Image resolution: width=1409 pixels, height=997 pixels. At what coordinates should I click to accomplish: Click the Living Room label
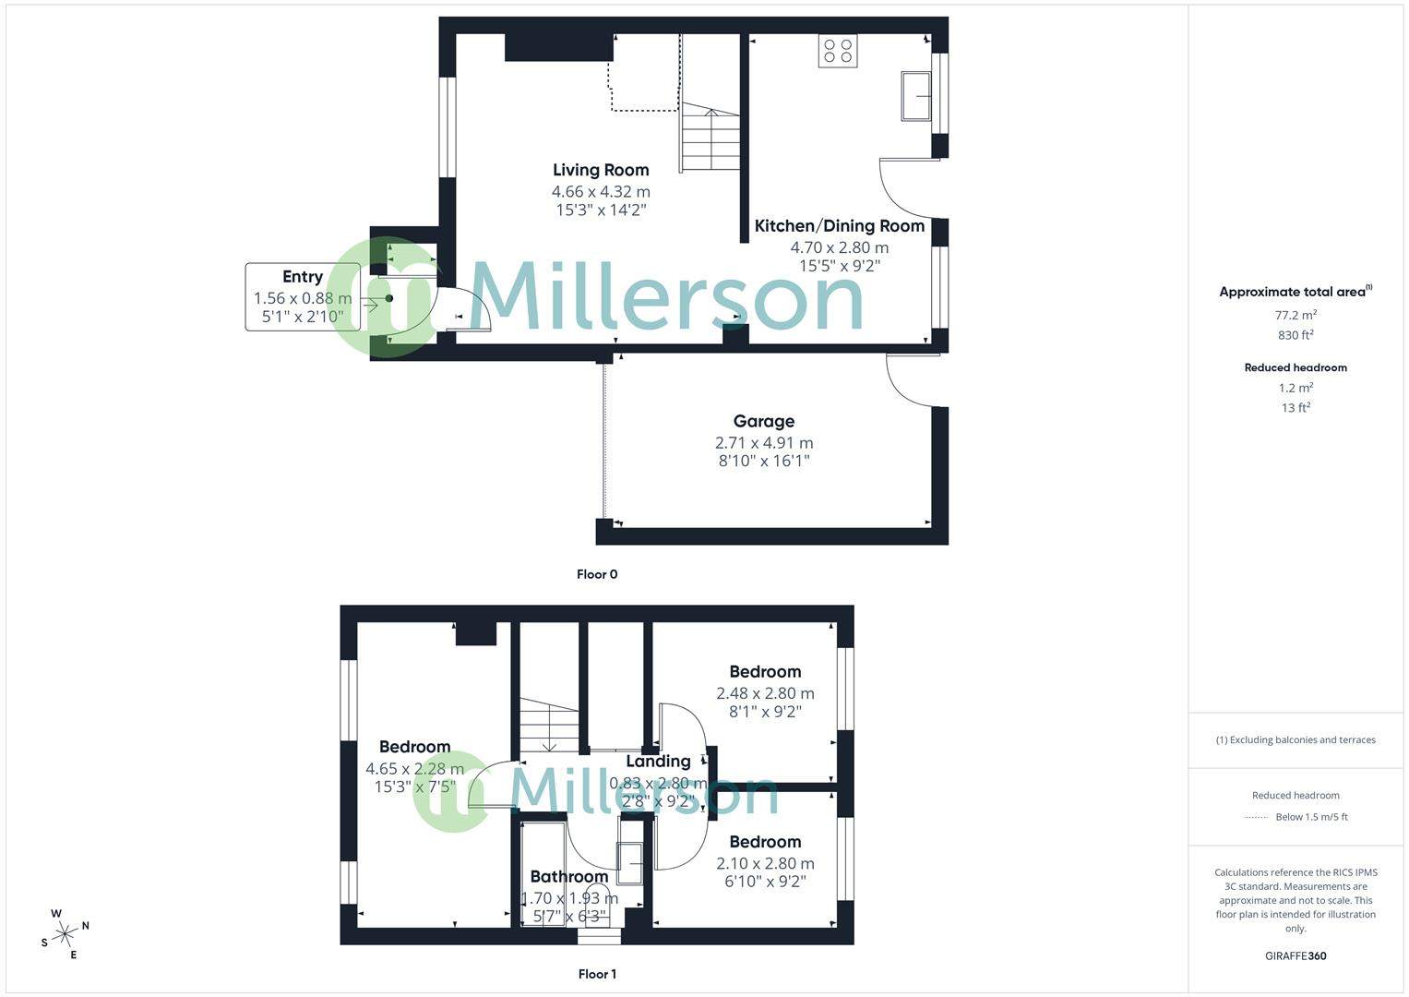tap(601, 170)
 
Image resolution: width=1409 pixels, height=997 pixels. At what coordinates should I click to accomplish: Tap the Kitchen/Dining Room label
tap(839, 226)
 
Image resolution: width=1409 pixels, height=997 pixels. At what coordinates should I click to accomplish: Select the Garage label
tap(763, 422)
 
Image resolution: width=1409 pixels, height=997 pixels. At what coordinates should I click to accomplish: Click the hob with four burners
tap(837, 51)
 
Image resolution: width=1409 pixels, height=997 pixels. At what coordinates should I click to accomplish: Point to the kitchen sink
tap(915, 95)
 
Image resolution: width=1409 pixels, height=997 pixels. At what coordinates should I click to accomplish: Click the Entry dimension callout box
tap(303, 296)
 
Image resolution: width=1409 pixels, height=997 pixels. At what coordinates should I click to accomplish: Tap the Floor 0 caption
tap(597, 574)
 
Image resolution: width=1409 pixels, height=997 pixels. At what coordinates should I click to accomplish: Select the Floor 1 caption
tap(597, 974)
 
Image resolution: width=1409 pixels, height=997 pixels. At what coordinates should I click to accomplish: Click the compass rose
tap(65, 934)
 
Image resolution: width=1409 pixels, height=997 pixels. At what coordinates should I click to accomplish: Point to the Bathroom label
tap(568, 877)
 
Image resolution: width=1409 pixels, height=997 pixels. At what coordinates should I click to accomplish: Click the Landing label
tap(658, 762)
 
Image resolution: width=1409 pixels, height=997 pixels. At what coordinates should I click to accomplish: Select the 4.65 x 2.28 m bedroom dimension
tap(415, 769)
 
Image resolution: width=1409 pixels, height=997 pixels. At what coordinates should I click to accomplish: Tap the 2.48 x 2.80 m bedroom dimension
tap(765, 693)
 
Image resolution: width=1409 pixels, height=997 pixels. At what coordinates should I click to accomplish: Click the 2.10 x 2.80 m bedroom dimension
tap(765, 864)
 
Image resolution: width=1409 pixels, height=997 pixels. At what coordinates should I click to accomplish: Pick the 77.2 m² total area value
tap(1296, 315)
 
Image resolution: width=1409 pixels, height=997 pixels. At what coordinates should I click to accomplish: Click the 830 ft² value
tap(1296, 335)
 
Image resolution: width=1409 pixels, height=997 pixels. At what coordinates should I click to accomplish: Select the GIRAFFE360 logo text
tap(1296, 955)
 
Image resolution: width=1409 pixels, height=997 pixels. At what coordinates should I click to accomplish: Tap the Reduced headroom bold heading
tap(1296, 367)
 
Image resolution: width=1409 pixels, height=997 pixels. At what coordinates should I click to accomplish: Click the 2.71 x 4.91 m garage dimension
tap(764, 443)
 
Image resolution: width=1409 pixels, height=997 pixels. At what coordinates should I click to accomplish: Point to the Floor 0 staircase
tap(710, 138)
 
